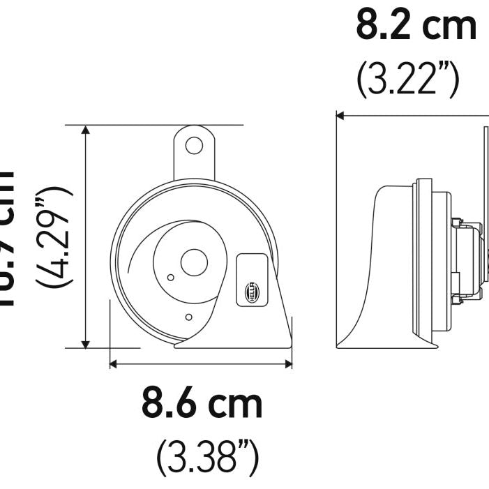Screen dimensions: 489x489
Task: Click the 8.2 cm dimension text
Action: [x=416, y=26]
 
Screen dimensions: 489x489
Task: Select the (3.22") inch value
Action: [x=408, y=80]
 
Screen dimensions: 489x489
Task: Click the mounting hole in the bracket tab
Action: [x=194, y=146]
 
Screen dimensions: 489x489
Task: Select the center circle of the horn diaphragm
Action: [x=194, y=262]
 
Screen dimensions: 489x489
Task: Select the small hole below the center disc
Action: [x=188, y=317]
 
